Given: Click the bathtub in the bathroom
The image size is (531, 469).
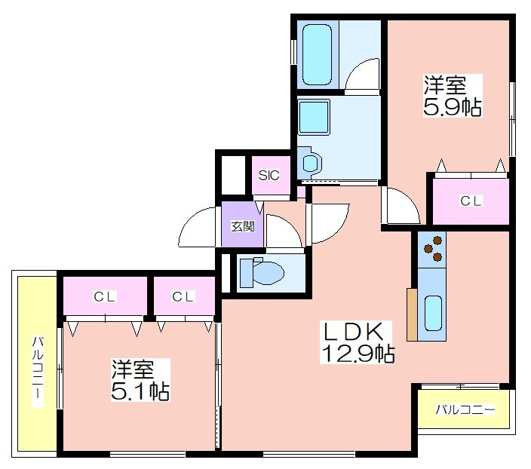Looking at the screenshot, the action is point(317,54).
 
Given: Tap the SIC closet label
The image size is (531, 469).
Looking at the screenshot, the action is point(269,175).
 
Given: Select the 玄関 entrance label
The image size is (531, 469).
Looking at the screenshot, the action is point(243,226).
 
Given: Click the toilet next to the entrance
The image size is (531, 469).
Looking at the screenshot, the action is point(262,272).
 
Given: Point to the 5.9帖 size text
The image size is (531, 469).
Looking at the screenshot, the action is point(453,108).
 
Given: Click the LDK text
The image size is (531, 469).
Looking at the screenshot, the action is point(354,333).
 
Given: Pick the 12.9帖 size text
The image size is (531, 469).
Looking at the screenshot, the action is point(358,354).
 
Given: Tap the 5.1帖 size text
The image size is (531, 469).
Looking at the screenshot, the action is point(140,392).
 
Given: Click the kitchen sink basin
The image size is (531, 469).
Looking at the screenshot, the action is point(433,313).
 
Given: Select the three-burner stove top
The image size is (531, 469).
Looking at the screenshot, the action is point(431,250).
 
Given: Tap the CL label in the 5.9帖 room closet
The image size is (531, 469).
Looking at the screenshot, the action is point(471,201).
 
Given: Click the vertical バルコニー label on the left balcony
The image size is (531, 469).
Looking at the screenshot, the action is point(38,371).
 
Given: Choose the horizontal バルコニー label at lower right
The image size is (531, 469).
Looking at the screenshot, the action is point(465,409).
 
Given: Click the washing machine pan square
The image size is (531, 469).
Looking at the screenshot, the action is point(314,117).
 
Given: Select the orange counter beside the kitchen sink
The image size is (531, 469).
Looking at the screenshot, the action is point(412,314).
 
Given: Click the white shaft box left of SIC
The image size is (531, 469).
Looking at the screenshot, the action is point(233,175).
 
